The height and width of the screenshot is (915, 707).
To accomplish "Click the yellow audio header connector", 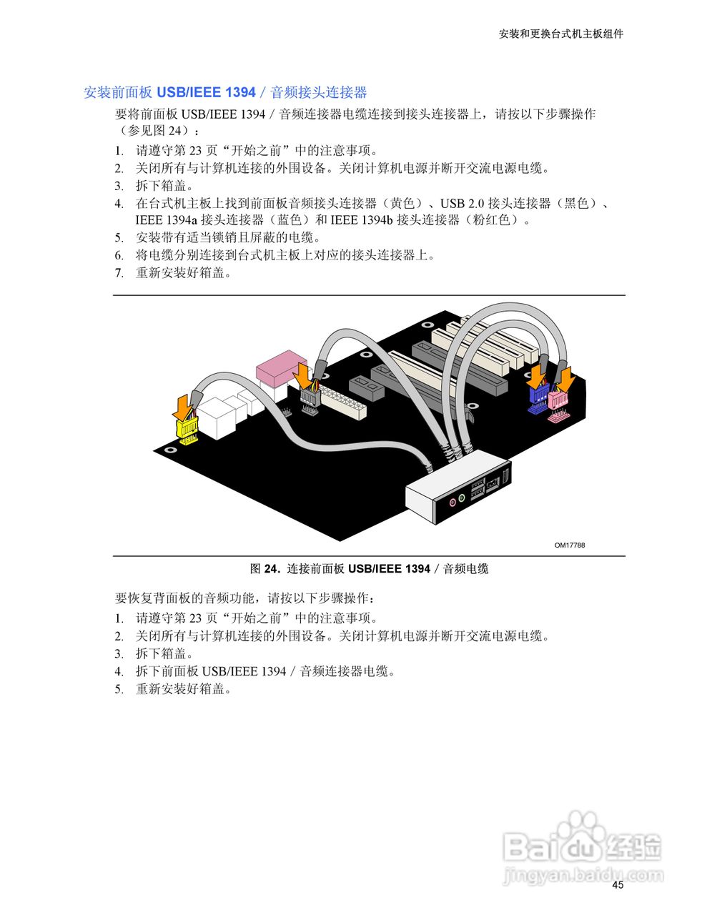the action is click(188, 430).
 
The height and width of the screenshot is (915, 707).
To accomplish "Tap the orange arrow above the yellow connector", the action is click(184, 407).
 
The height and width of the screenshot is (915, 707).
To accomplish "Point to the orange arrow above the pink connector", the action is click(566, 380).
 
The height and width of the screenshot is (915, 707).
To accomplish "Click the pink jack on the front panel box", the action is click(451, 502).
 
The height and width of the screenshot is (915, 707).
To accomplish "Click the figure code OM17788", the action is click(570, 545).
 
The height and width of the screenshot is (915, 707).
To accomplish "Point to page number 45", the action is click(618, 885).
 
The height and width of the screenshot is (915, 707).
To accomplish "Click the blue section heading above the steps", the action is click(225, 92).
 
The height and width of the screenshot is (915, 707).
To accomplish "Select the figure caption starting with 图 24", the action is click(369, 569).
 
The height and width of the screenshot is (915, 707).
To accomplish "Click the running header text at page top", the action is click(560, 34).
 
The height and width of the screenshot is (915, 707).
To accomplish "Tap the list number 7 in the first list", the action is click(119, 272).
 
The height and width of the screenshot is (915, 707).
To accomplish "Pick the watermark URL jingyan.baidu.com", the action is click(583, 875).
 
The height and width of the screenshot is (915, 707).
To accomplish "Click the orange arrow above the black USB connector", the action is click(303, 374).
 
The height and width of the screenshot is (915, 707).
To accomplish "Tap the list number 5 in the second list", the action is click(119, 689).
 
